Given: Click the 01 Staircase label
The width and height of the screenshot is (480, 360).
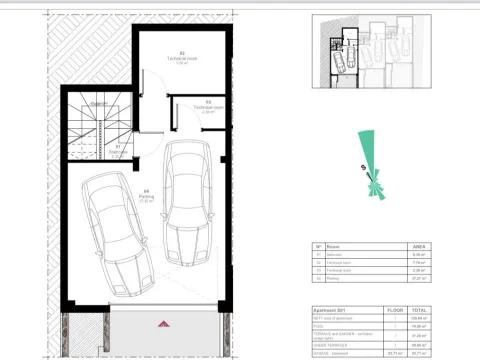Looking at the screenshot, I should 117,150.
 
